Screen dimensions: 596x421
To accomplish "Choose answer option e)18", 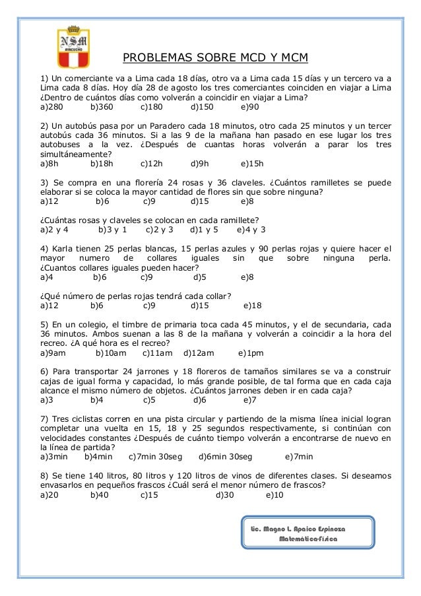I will coord(253,306).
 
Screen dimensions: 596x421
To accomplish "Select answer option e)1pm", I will coord(251,353).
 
